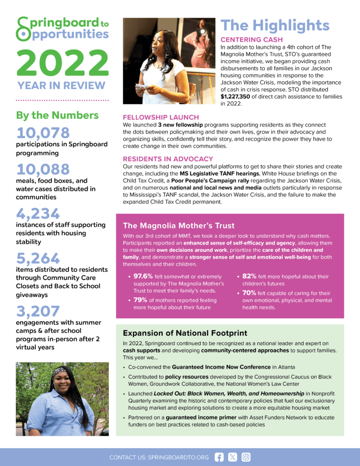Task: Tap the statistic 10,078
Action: pos(43,133)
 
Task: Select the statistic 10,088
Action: pos(43,169)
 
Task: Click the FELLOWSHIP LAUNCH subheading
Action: pos(161,117)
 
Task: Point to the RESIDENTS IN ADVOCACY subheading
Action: pos(168,159)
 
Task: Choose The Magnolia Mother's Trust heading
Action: pos(178,225)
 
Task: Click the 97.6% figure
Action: pos(146,276)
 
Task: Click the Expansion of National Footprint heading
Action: pos(185,333)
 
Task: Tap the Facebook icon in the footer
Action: pos(219,457)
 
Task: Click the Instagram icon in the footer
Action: pos(246,457)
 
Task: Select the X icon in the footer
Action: pos(232,457)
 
